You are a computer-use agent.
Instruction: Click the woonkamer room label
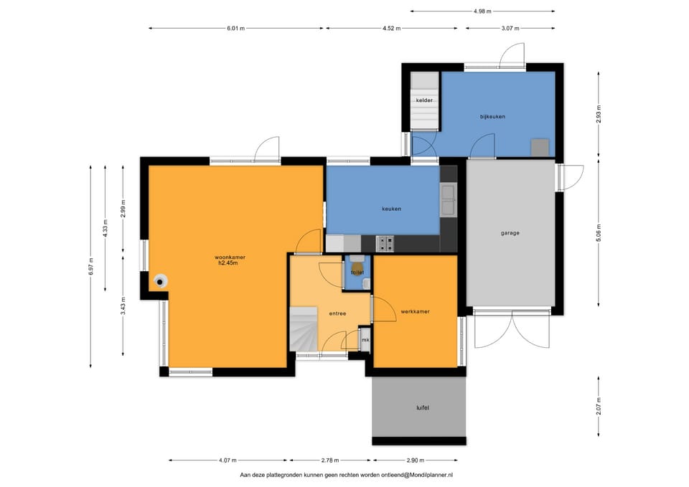(x=230, y=257)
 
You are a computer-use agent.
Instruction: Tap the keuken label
(x=392, y=209)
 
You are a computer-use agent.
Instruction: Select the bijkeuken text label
(x=492, y=117)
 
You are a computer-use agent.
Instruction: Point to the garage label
(x=510, y=233)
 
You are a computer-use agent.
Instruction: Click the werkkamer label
(x=416, y=312)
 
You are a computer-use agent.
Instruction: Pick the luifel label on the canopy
(x=423, y=408)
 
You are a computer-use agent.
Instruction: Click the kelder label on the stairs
(x=424, y=100)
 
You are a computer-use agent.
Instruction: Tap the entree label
(x=338, y=313)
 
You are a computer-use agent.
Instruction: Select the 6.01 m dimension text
(x=236, y=29)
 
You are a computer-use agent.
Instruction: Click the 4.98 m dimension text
(x=482, y=11)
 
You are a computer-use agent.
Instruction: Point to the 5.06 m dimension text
(x=599, y=232)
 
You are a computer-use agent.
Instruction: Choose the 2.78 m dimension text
(x=330, y=460)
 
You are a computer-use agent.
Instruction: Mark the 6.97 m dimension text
(x=91, y=267)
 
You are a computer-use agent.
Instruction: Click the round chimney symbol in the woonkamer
(x=161, y=281)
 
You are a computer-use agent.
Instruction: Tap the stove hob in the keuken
(x=385, y=244)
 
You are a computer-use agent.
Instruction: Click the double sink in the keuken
(x=448, y=200)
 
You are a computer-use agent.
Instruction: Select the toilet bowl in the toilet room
(x=357, y=266)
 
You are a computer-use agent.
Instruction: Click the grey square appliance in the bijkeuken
(x=540, y=148)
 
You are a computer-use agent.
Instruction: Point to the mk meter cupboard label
(x=365, y=340)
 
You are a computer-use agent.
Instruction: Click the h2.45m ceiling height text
(x=228, y=263)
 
